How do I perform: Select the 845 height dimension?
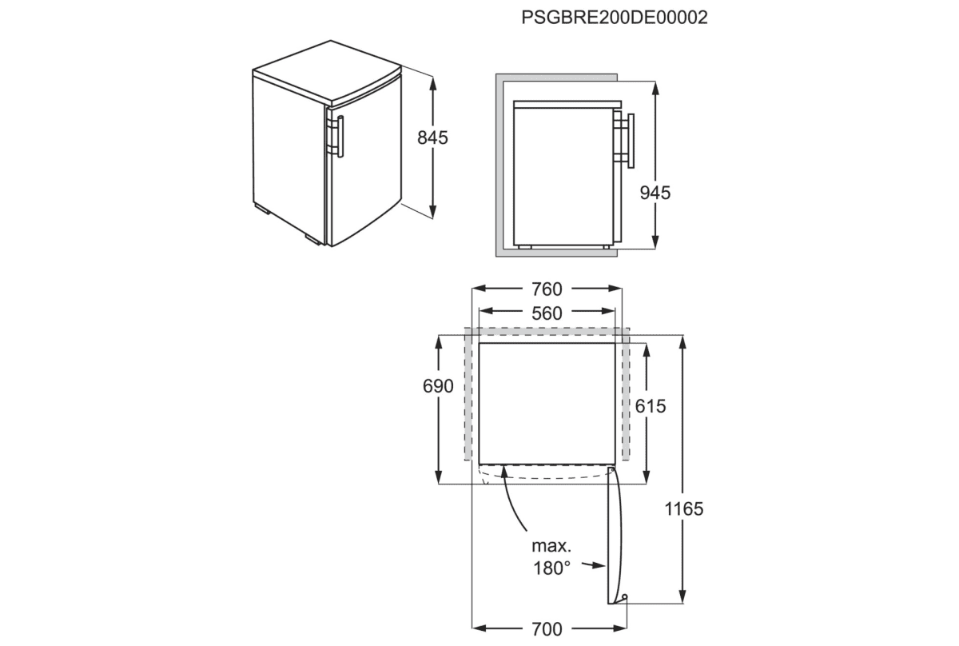click(432, 138)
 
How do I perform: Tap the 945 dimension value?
click(655, 193)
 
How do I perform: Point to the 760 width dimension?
click(547, 289)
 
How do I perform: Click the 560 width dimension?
click(547, 313)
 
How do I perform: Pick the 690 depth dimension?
click(439, 387)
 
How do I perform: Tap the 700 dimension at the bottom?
click(547, 629)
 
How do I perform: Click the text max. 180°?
click(551, 557)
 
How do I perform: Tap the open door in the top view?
click(614, 536)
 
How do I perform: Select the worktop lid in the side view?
click(567, 104)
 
